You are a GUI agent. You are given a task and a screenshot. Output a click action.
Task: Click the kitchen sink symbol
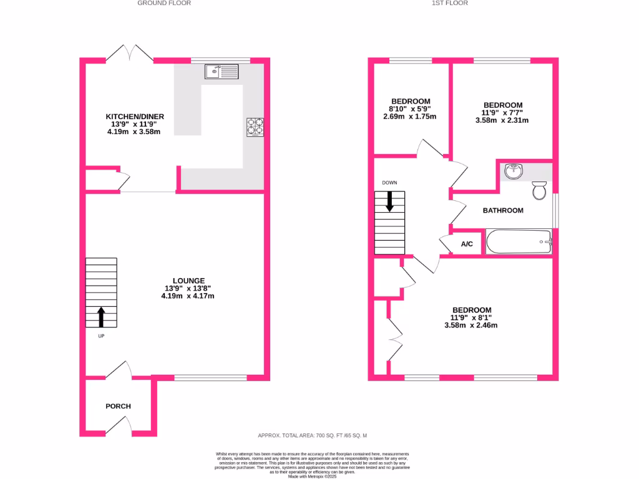click(221, 72)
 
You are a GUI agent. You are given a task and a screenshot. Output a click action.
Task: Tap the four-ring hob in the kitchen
click(255, 127)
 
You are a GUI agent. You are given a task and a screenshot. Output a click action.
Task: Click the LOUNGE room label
click(188, 281)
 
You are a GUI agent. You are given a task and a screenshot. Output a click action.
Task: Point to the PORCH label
click(118, 406)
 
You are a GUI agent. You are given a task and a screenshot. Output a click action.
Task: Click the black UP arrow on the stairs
click(100, 317)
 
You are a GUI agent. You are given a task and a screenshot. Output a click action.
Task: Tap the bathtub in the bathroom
click(518, 241)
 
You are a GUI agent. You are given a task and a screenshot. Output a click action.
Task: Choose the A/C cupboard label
click(467, 244)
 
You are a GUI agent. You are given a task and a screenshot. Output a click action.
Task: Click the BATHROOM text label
click(503, 210)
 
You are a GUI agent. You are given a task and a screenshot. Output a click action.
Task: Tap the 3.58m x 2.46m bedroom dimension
click(471, 325)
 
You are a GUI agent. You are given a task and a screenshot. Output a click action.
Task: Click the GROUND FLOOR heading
click(164, 3)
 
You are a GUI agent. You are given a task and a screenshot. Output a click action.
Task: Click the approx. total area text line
click(316, 435)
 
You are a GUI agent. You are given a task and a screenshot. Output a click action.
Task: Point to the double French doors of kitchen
click(130, 54)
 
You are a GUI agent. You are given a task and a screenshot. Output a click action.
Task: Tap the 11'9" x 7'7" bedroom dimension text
click(502, 113)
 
